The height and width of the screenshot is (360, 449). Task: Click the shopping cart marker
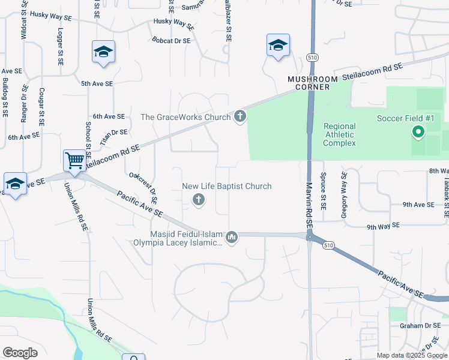coord(74,161)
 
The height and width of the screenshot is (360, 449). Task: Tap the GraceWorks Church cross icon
coord(240,116)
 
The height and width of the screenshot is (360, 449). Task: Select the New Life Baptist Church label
coord(227,187)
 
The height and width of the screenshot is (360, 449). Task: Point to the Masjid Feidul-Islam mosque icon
coord(232,238)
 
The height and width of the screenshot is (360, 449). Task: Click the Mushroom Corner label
coord(309,83)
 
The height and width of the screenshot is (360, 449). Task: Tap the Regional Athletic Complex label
coord(340,134)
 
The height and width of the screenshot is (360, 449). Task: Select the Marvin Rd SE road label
coord(309,205)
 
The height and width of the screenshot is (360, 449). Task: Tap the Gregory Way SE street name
coord(344,194)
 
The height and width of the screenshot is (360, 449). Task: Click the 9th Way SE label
coord(382,227)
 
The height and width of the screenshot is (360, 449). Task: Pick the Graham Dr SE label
coord(420,326)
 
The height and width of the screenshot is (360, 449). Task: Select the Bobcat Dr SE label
coord(171,41)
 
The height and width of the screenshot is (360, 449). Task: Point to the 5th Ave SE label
coord(97,85)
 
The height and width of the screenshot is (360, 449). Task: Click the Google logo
coord(20,353)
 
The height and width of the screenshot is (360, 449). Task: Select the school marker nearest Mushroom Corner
coord(279,46)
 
